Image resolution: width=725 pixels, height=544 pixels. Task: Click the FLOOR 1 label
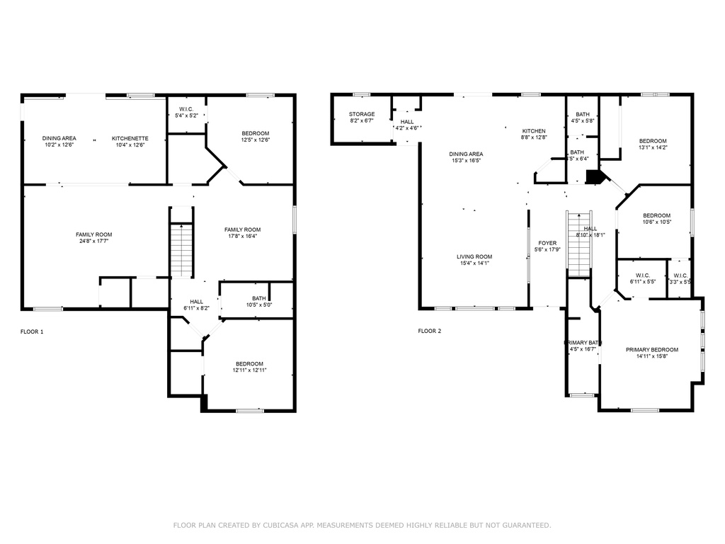pyautogui.click(x=32, y=331)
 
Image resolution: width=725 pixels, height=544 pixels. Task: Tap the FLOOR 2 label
pyautogui.click(x=430, y=331)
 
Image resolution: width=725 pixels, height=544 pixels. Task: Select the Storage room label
pyautogui.click(x=362, y=114)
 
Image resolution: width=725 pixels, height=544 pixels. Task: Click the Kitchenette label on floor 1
pyautogui.click(x=130, y=138)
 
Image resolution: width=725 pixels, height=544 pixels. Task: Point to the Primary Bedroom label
pyautogui.click(x=652, y=350)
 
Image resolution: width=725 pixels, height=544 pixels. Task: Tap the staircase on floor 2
pyautogui.click(x=579, y=244)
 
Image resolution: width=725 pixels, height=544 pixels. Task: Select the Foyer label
pyautogui.click(x=547, y=243)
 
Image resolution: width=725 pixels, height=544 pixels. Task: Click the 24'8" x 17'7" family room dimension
pyautogui.click(x=94, y=242)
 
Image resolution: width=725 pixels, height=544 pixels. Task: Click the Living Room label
pyautogui.click(x=474, y=256)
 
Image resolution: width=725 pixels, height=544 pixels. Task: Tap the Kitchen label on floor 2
pyautogui.click(x=534, y=131)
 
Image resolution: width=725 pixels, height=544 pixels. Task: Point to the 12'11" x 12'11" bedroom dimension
pyautogui.click(x=249, y=370)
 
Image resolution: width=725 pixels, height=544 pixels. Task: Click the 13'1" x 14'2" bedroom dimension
pyautogui.click(x=652, y=148)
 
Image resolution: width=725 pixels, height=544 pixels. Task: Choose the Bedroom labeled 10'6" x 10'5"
pyautogui.click(x=656, y=215)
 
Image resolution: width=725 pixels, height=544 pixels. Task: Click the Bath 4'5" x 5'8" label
pyautogui.click(x=583, y=115)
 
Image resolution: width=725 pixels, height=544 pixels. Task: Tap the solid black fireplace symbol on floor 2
pyautogui.click(x=593, y=176)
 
